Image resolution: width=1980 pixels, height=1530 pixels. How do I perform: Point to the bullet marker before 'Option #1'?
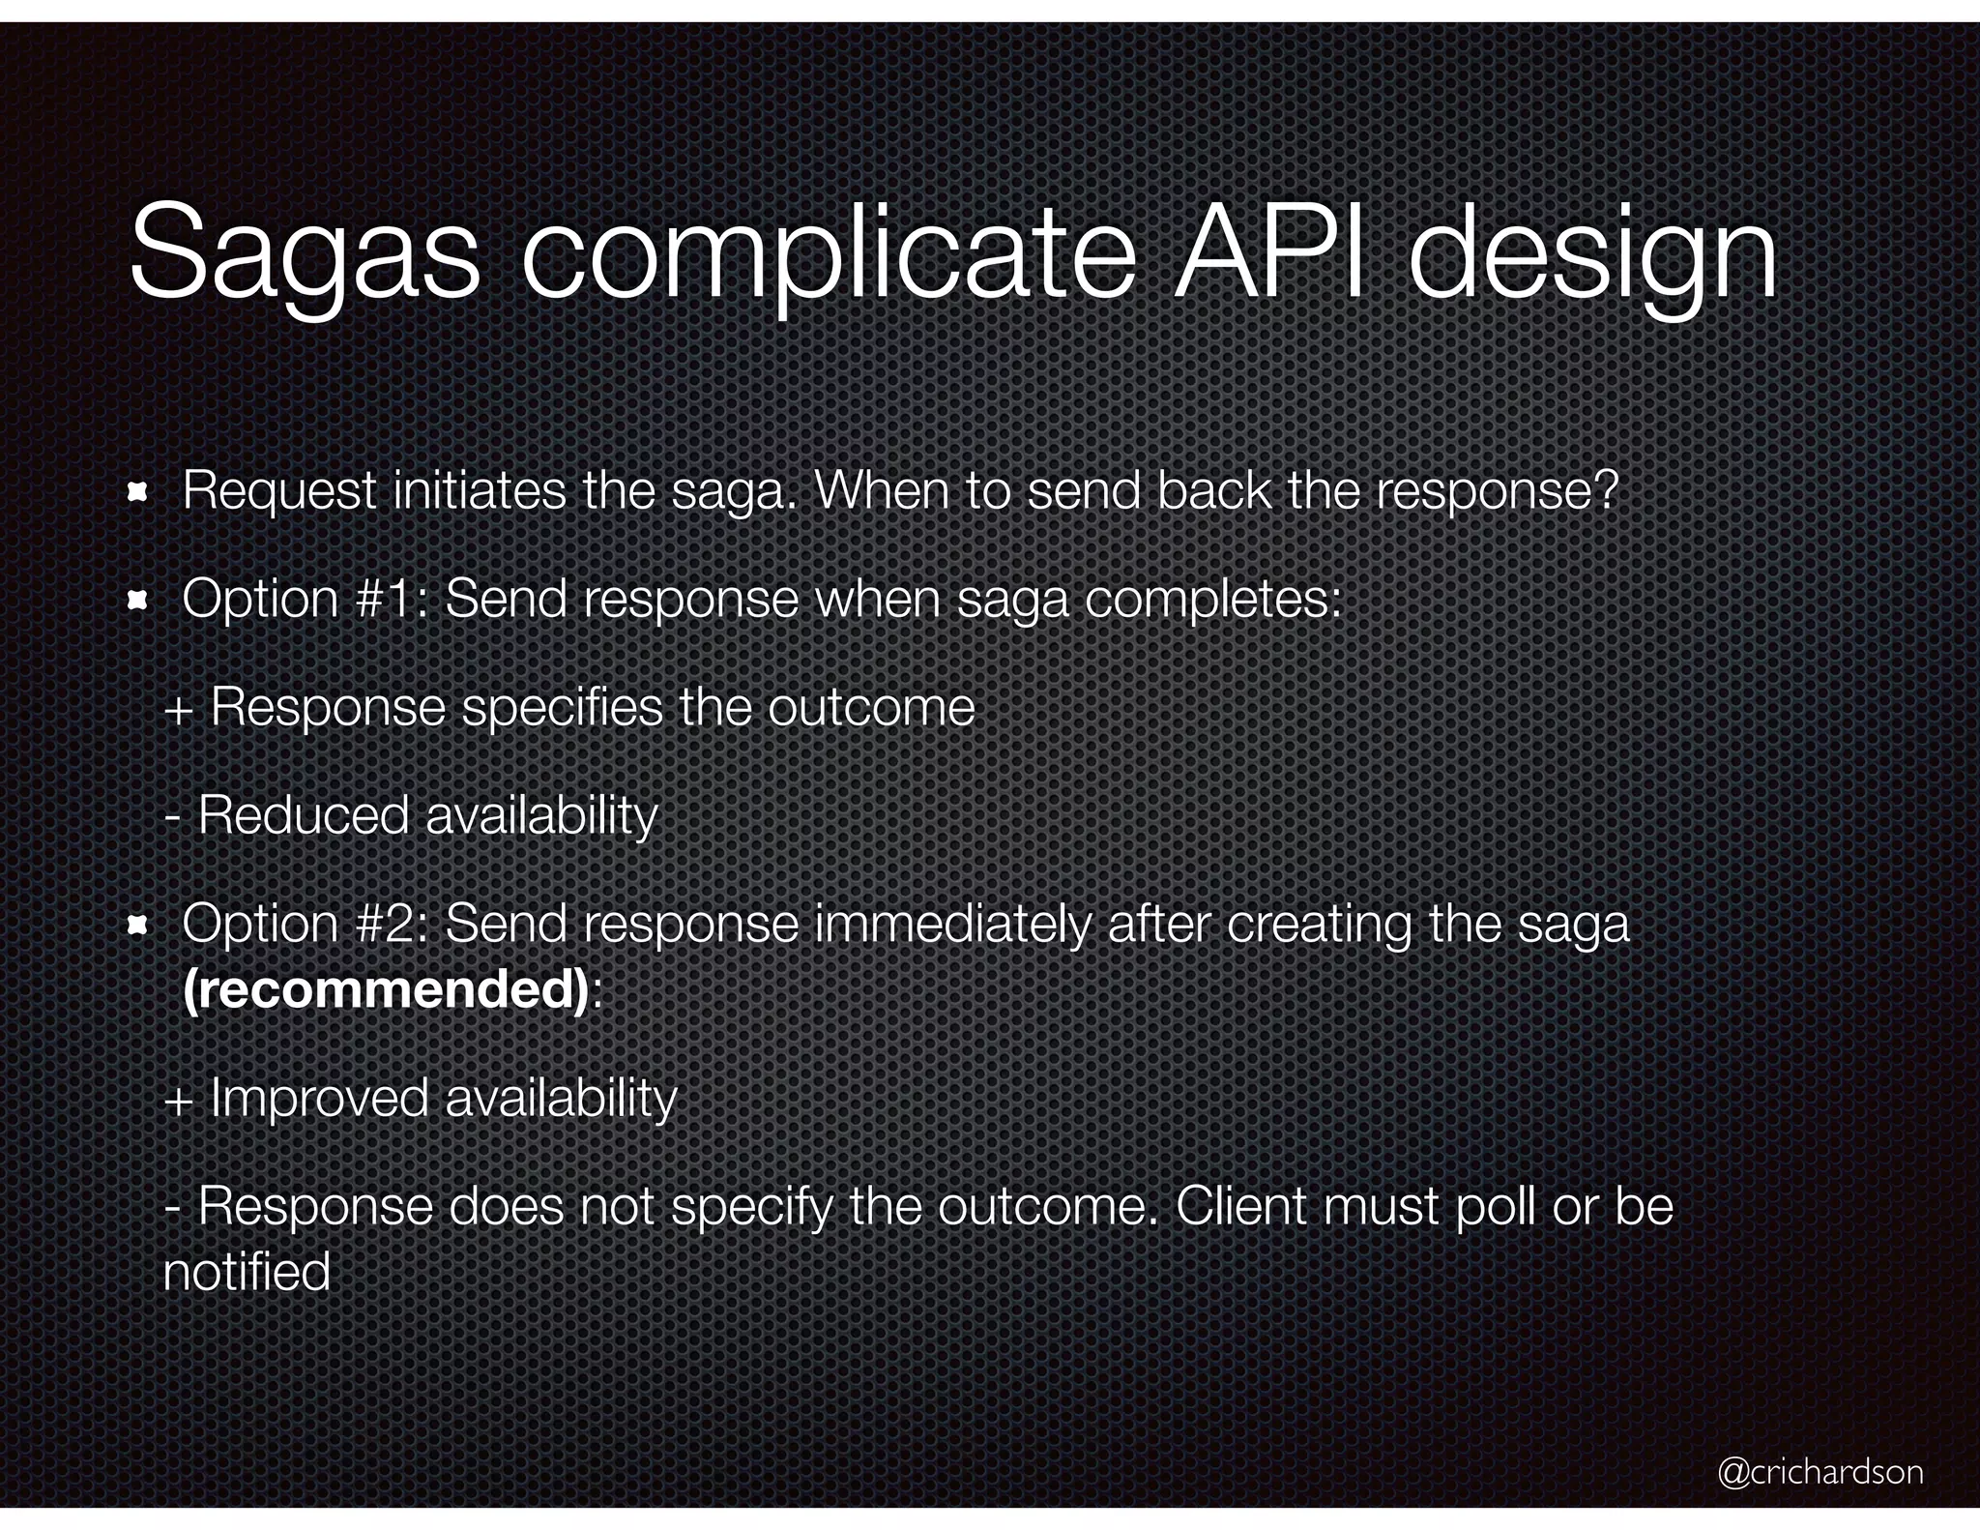[137, 602]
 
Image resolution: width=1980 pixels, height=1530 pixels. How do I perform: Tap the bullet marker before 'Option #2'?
[137, 927]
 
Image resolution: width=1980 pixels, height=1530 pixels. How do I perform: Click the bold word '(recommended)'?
[386, 989]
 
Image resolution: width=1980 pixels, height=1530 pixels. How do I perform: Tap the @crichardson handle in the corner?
[1820, 1472]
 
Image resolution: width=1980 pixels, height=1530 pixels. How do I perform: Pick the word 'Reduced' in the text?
[304, 815]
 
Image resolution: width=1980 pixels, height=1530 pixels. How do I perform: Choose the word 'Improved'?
[319, 1099]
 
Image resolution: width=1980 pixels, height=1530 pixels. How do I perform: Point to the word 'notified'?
[247, 1271]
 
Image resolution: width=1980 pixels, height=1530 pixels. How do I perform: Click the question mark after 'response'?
[1606, 491]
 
